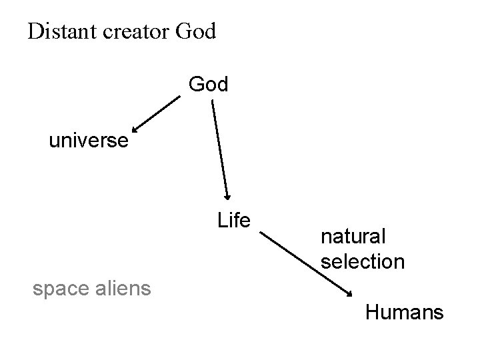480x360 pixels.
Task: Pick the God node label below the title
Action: pos(209,85)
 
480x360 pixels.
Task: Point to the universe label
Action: pos(88,141)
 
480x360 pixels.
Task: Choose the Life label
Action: pos(233,220)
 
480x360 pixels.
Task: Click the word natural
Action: pos(353,236)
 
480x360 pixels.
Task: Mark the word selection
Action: pos(362,261)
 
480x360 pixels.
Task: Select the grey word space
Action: pos(59,289)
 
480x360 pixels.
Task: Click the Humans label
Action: pos(404,311)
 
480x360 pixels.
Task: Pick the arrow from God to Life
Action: pos(220,150)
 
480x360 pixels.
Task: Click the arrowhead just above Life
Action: pos(227,195)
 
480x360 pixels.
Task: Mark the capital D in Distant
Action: pos(35,31)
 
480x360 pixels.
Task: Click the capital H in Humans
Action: pos(371,311)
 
